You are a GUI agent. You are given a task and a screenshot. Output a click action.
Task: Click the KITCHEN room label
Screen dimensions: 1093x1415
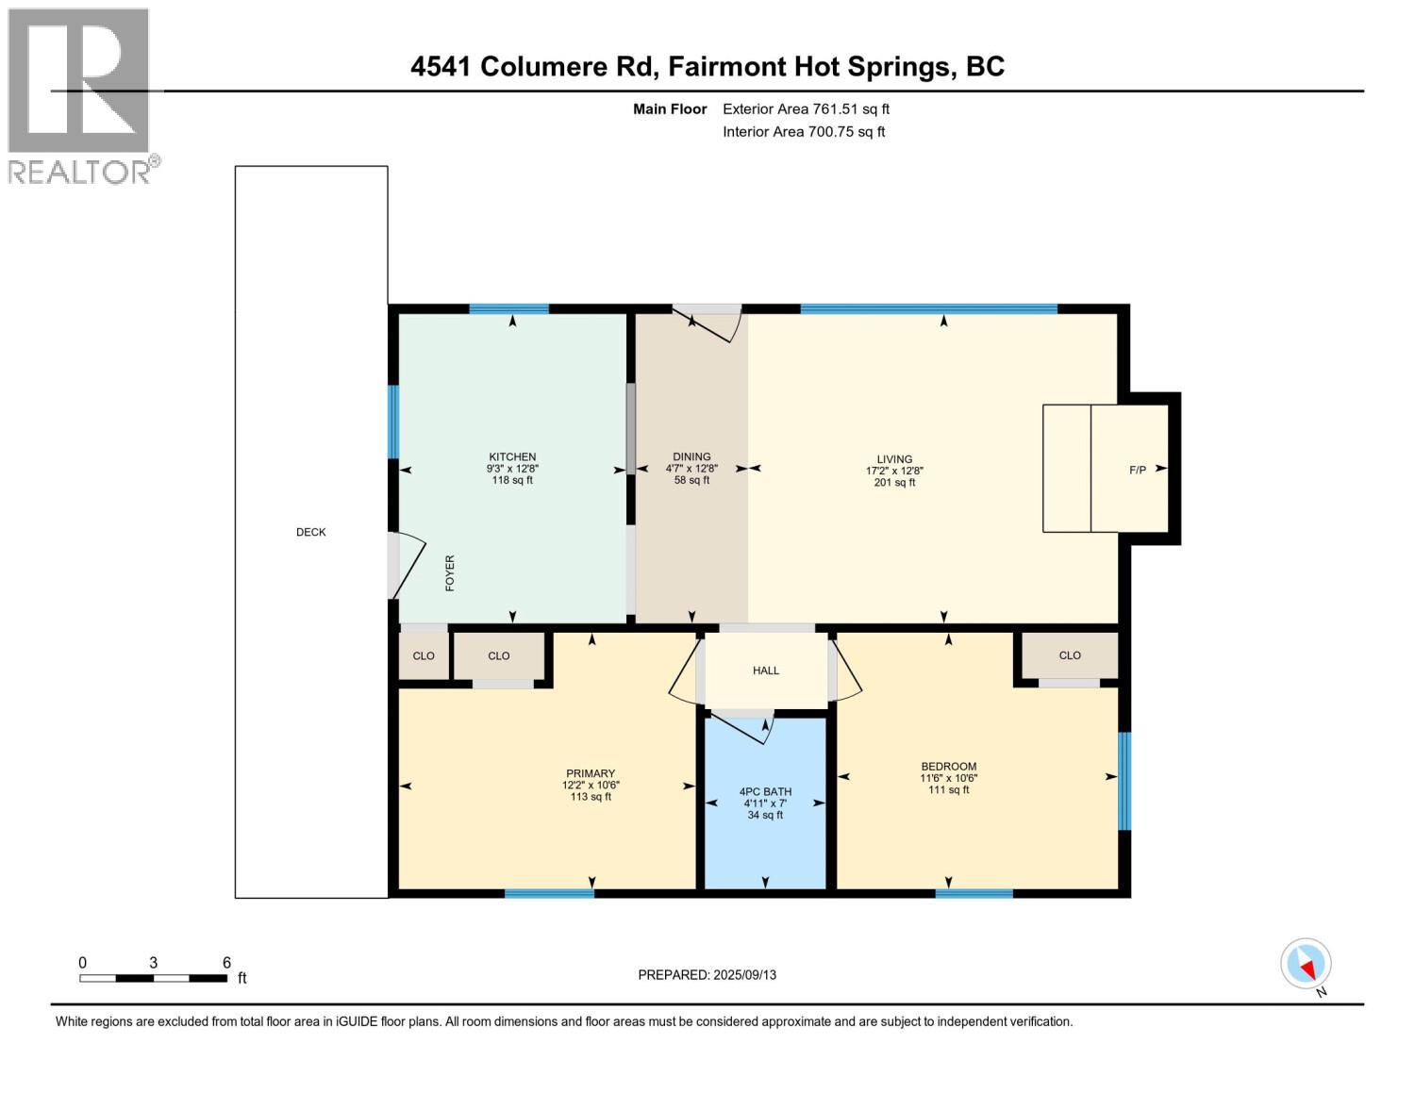coord(512,457)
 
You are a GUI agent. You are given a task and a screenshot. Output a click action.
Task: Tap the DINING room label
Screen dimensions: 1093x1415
coord(691,456)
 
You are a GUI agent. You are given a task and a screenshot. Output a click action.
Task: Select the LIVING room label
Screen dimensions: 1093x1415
coord(894,459)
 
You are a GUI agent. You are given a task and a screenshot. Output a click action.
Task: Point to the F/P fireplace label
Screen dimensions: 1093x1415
coord(1138,470)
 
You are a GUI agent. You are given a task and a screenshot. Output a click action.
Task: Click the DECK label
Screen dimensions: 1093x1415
coord(311,533)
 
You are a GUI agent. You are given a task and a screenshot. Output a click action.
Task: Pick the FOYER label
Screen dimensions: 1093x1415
coord(450,573)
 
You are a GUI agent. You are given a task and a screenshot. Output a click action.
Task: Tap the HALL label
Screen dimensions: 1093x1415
coord(766,671)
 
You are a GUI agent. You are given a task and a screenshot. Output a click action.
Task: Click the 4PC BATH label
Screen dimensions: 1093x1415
coord(765,792)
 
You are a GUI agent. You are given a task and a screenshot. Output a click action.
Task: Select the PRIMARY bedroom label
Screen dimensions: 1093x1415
coord(591,774)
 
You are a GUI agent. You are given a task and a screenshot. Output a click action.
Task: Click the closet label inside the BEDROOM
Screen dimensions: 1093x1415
coord(1070,655)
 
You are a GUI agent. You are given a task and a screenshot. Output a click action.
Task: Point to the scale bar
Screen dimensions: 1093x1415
coord(153,978)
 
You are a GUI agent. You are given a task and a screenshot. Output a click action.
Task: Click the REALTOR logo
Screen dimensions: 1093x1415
coord(79,94)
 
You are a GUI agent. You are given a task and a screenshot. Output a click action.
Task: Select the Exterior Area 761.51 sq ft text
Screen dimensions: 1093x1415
coord(806,109)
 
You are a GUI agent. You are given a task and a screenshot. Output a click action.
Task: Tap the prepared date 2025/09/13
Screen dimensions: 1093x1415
coord(707,975)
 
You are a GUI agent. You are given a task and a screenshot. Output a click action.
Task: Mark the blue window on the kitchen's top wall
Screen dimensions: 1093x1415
coord(509,308)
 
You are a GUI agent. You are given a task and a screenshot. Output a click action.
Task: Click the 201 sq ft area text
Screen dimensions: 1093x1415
coord(894,483)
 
